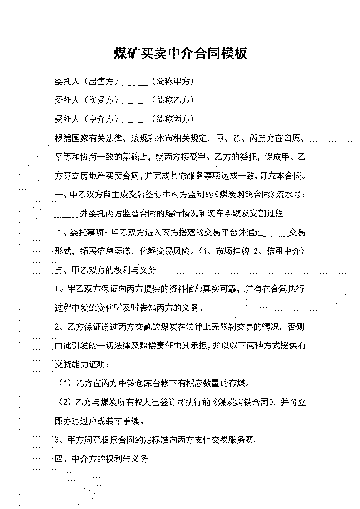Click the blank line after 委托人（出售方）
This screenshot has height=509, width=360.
click(135, 85)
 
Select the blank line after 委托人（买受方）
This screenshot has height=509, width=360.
click(135, 104)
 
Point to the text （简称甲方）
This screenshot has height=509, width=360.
click(173, 82)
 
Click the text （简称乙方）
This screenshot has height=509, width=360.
click(173, 100)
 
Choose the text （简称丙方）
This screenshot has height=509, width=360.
click(173, 119)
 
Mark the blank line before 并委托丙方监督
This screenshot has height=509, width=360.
click(67, 217)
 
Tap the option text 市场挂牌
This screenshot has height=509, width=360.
click(232, 251)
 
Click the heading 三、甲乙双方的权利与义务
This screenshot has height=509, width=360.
click(106, 270)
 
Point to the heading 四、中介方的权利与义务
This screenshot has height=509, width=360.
click(101, 459)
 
